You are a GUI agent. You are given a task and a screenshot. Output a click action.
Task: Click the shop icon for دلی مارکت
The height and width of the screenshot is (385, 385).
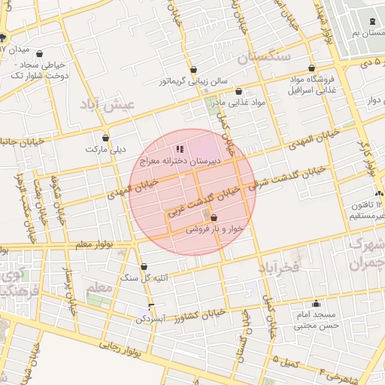pos(105,138)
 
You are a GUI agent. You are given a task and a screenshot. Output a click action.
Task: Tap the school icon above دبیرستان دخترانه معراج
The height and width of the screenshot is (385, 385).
pos(179,150)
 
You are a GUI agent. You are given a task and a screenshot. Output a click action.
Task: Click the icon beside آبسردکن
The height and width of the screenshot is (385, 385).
pos(151,305)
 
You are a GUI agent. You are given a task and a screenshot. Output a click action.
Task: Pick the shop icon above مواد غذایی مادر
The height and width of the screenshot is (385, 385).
pos(238,90)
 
